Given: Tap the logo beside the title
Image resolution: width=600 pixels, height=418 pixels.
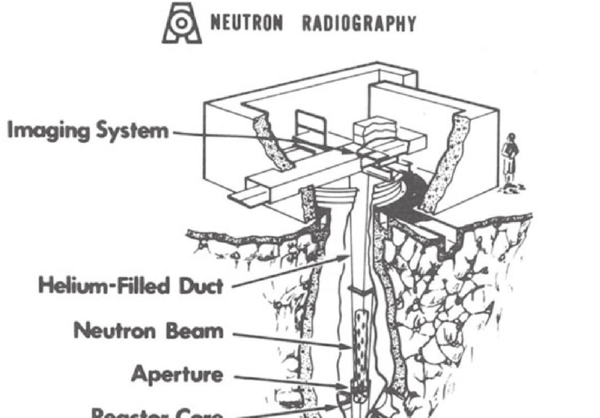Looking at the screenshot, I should point(182,23).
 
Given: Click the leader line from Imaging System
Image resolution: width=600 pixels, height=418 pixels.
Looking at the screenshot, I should point(233,135).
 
